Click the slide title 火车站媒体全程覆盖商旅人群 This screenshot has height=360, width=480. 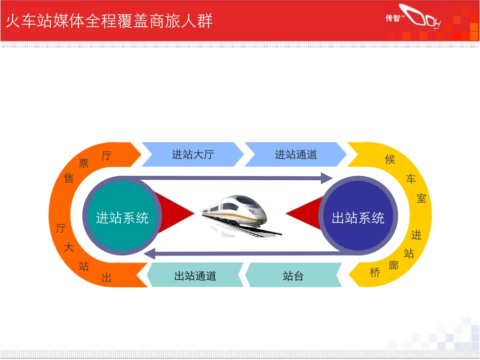(109, 21)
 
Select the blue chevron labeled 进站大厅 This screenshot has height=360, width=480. (193, 155)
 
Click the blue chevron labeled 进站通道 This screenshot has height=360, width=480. (296, 155)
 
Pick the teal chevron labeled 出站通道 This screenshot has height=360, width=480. (195, 276)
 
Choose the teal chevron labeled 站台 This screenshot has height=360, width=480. (293, 276)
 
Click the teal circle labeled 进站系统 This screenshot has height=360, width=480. (122, 218)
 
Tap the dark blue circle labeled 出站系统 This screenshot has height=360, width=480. (358, 218)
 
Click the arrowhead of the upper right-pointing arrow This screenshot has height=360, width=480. (326, 178)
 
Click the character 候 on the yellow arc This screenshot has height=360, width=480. (390, 160)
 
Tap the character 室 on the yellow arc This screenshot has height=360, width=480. (421, 198)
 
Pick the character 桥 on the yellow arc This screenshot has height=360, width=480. (374, 273)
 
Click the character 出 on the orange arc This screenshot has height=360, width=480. (106, 278)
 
